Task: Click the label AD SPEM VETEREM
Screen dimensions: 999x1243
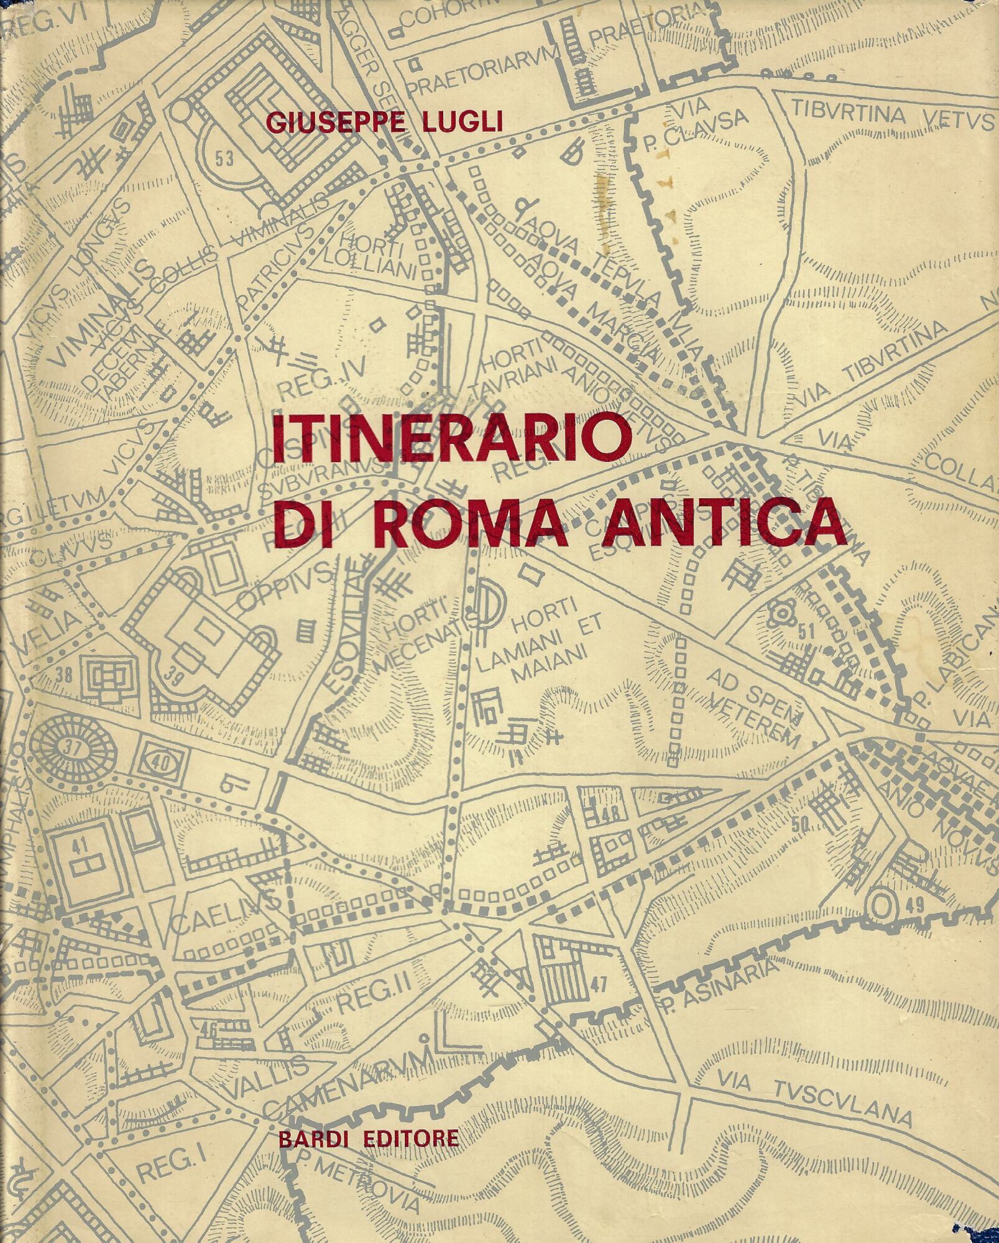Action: point(752,703)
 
